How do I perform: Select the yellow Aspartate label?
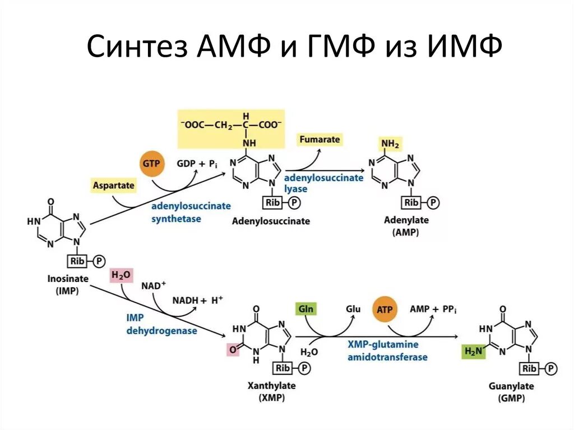tap(114, 184)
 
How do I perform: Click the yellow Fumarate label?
tap(319, 139)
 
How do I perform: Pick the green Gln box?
tap(306, 309)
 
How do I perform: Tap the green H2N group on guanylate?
tap(473, 352)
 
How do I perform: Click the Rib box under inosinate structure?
tap(77, 261)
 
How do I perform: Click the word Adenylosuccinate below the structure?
tap(271, 221)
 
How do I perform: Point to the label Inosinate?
tap(66, 279)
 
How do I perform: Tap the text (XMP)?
tap(272, 398)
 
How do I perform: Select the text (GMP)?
tap(510, 398)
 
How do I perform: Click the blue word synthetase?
tap(176, 219)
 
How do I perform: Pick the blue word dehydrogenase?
tap(161, 331)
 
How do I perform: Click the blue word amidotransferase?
tap(387, 357)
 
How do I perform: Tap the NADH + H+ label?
tap(197, 300)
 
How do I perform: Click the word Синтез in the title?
tap(137, 48)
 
